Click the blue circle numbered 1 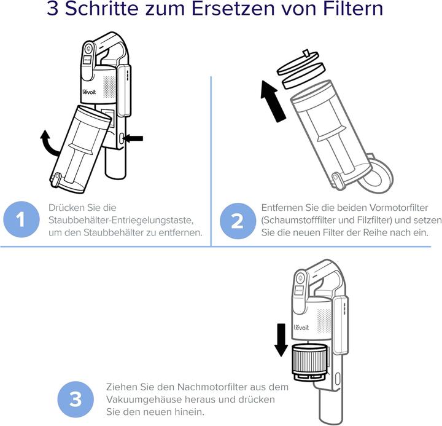coord(20,221)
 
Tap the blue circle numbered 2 coord(237,221)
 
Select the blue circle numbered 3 coord(75,400)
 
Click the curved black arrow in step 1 coord(48,141)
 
